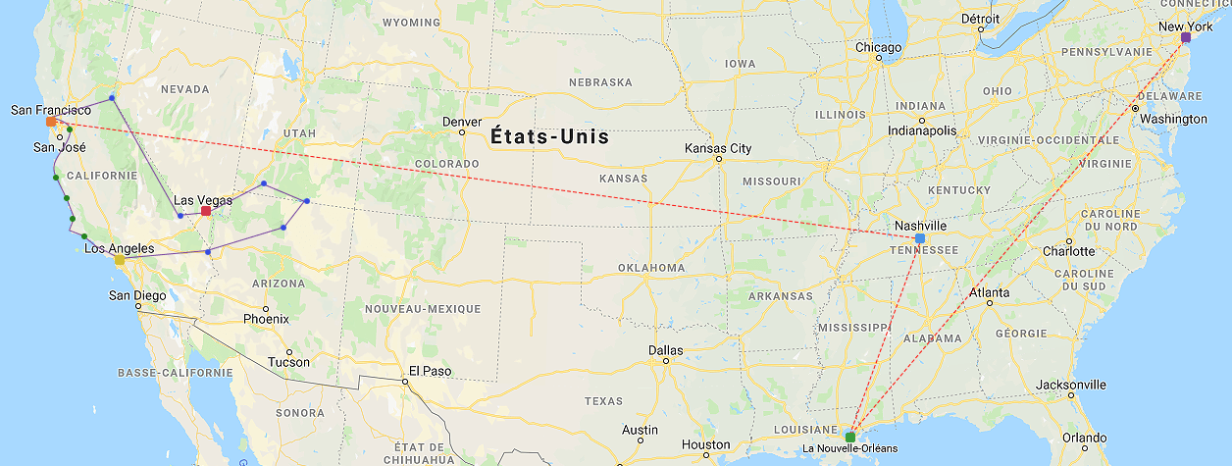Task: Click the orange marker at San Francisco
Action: (51, 122)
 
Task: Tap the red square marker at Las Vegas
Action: (206, 211)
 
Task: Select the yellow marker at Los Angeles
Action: (120, 260)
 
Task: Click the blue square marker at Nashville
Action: (919, 238)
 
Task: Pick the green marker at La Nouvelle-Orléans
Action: (850, 436)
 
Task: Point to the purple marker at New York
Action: (1186, 37)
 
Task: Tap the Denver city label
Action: (462, 122)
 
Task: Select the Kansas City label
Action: (718, 148)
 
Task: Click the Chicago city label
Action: (878, 47)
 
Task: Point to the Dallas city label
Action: (665, 350)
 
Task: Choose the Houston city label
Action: (706, 444)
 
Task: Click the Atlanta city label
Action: (989, 292)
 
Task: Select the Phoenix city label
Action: (266, 319)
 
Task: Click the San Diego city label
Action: (137, 295)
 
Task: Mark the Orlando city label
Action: (1083, 438)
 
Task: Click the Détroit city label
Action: (980, 19)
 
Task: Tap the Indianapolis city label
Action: (921, 129)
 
